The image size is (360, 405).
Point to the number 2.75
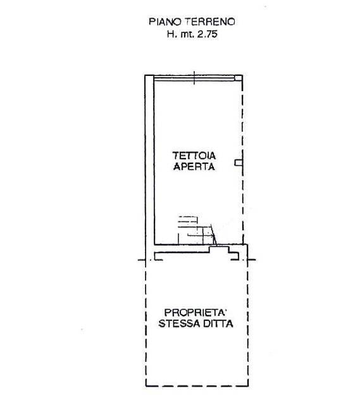[x=207, y=34]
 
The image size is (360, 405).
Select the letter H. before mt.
[x=171, y=34]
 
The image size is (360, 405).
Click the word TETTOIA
[x=194, y=156]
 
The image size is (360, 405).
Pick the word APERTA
[x=194, y=166]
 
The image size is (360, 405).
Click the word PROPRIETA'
[x=196, y=313]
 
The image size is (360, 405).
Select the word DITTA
[x=218, y=323]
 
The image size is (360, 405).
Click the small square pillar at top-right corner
[x=239, y=78]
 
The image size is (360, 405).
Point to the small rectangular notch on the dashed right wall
[x=239, y=163]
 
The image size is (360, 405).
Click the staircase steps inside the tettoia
[x=197, y=230]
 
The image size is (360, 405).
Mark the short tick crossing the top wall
[x=194, y=78]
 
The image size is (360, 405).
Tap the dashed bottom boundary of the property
[x=197, y=387]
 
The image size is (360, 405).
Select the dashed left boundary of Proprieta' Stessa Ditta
[x=146, y=323]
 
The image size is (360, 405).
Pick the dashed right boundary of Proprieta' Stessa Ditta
[x=247, y=323]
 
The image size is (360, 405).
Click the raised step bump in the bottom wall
[x=219, y=249]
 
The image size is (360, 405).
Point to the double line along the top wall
[x=194, y=78]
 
